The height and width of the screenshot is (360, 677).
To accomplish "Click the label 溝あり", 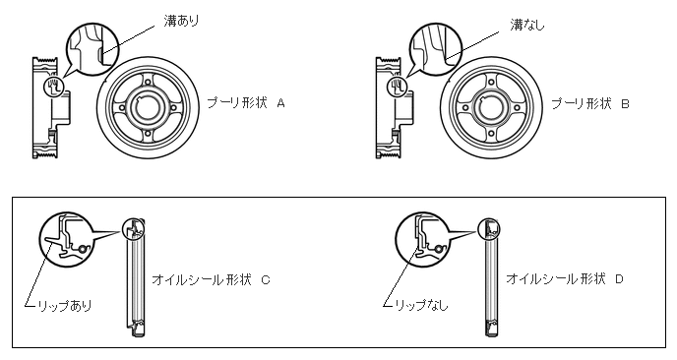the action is pyautogui.click(x=181, y=21).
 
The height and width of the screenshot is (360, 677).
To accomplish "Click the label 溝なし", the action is pyautogui.click(x=527, y=25).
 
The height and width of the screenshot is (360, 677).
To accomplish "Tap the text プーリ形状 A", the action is pyautogui.click(x=246, y=103).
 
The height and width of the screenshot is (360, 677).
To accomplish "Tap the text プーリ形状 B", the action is pyautogui.click(x=590, y=104).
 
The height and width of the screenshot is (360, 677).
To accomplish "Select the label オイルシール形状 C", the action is pyautogui.click(x=212, y=279).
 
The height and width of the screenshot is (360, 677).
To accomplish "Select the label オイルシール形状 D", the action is pyautogui.click(x=565, y=278).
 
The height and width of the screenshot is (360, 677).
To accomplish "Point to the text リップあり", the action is pyautogui.click(x=65, y=306).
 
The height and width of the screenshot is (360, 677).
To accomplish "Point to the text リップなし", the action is pyautogui.click(x=422, y=305).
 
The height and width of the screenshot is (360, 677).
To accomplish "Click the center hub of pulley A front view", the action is pyautogui.click(x=148, y=107).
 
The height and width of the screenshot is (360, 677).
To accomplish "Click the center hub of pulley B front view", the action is pyautogui.click(x=491, y=107).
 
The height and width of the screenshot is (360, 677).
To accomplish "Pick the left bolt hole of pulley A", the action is pyautogui.click(x=121, y=107).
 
